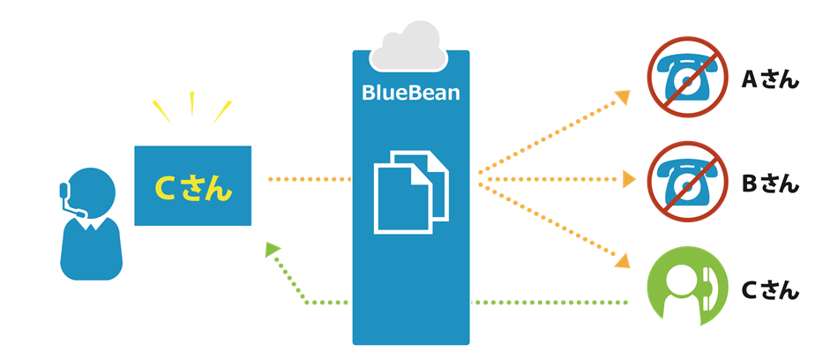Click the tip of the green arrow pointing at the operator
tap(266, 243)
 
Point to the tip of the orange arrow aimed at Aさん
tap(630, 91)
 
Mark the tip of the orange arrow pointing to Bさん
tap(636, 179)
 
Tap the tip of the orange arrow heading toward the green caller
tap(630, 267)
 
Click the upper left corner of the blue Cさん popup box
tap(134, 146)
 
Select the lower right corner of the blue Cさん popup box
tap(251, 226)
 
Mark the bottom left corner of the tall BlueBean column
tap(353, 345)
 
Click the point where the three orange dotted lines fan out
tap(478, 180)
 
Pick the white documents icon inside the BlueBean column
tap(411, 191)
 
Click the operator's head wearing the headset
tap(91, 191)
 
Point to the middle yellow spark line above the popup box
tap(191, 104)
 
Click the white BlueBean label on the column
tap(411, 92)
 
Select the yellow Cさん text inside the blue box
tap(193, 187)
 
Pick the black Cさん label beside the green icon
tap(770, 289)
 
